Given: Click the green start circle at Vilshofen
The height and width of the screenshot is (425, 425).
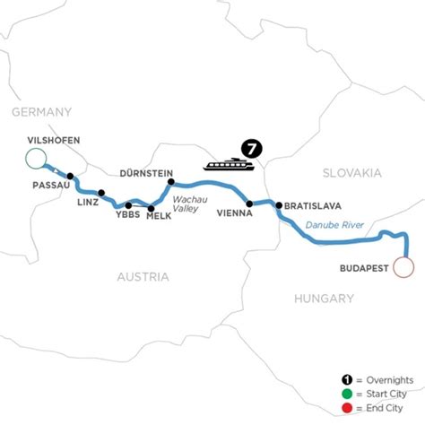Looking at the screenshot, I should tap(36, 160).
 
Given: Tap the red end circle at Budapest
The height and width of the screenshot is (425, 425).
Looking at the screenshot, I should tap(404, 266).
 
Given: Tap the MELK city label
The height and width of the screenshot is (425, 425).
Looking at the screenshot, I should tap(158, 216).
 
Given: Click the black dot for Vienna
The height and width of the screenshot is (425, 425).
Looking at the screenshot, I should tap(249, 204).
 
